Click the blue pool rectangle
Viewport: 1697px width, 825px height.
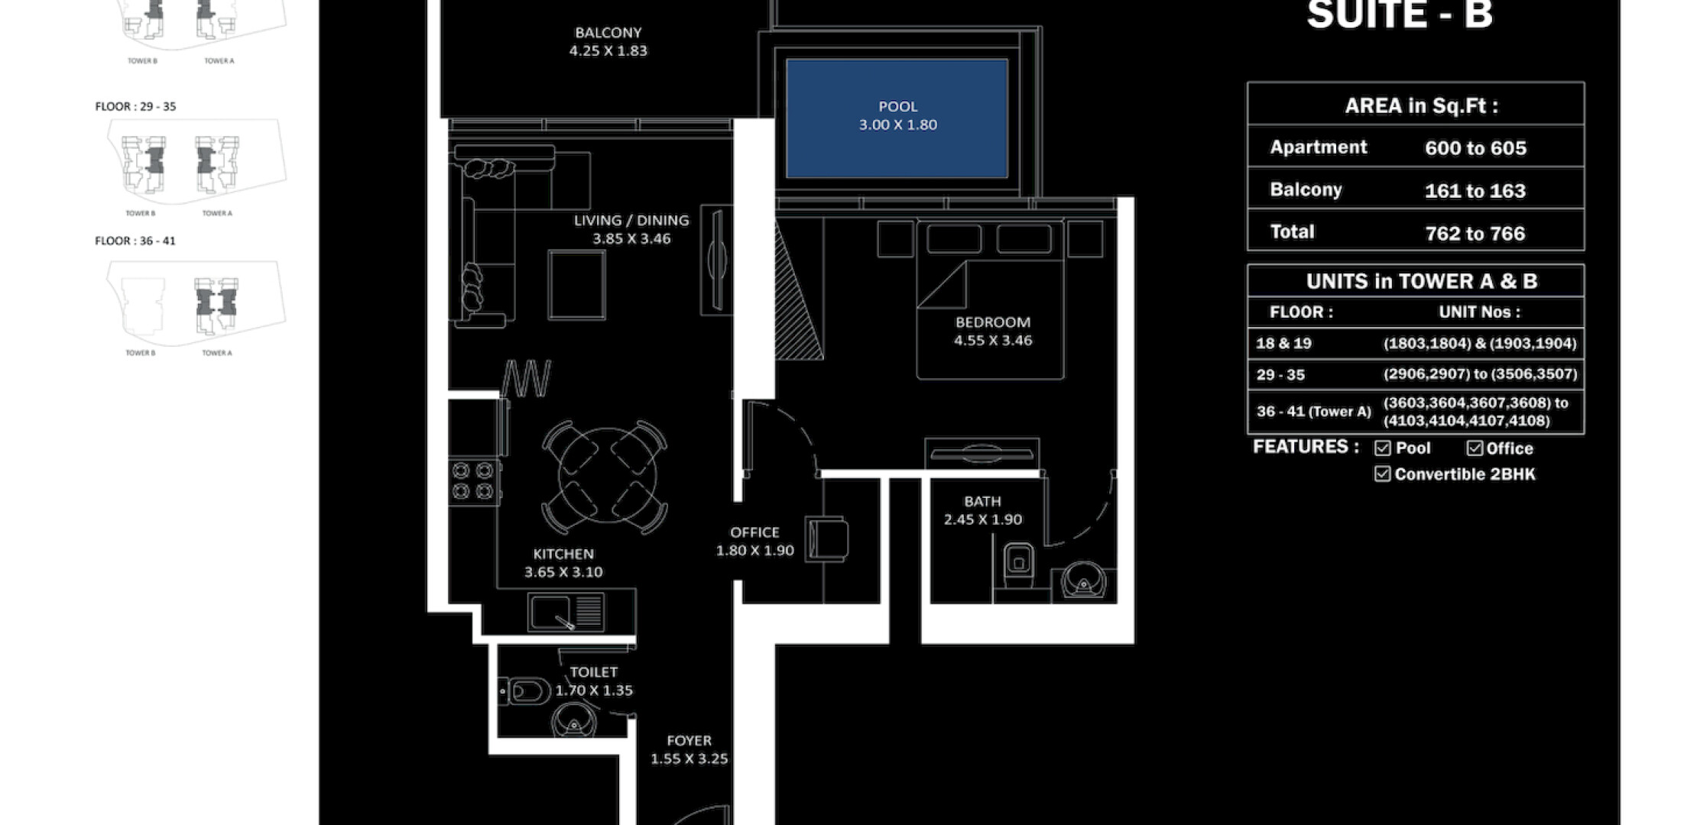click(x=897, y=118)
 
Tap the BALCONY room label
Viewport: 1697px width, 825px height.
click(x=608, y=33)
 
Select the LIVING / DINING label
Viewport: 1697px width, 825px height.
click(x=631, y=221)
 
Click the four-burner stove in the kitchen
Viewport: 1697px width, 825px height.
click(x=473, y=481)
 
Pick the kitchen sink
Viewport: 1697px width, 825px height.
click(x=566, y=612)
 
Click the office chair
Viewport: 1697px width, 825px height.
click(x=827, y=538)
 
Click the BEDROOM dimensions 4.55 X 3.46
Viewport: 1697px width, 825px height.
click(x=993, y=341)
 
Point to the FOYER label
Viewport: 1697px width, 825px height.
click(x=689, y=741)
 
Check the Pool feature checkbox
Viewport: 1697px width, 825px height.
click(x=1382, y=448)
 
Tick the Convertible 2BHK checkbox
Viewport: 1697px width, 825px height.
click(x=1382, y=474)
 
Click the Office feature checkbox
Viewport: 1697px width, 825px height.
click(x=1475, y=448)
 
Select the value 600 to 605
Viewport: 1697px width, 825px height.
click(x=1475, y=148)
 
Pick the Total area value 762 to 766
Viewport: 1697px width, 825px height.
click(x=1475, y=234)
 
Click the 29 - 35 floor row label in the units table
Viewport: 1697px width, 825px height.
click(x=1280, y=375)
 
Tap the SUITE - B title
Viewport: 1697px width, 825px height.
click(x=1400, y=15)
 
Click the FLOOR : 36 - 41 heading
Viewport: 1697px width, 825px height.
click(x=135, y=241)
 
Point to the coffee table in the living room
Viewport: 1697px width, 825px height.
click(x=577, y=285)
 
